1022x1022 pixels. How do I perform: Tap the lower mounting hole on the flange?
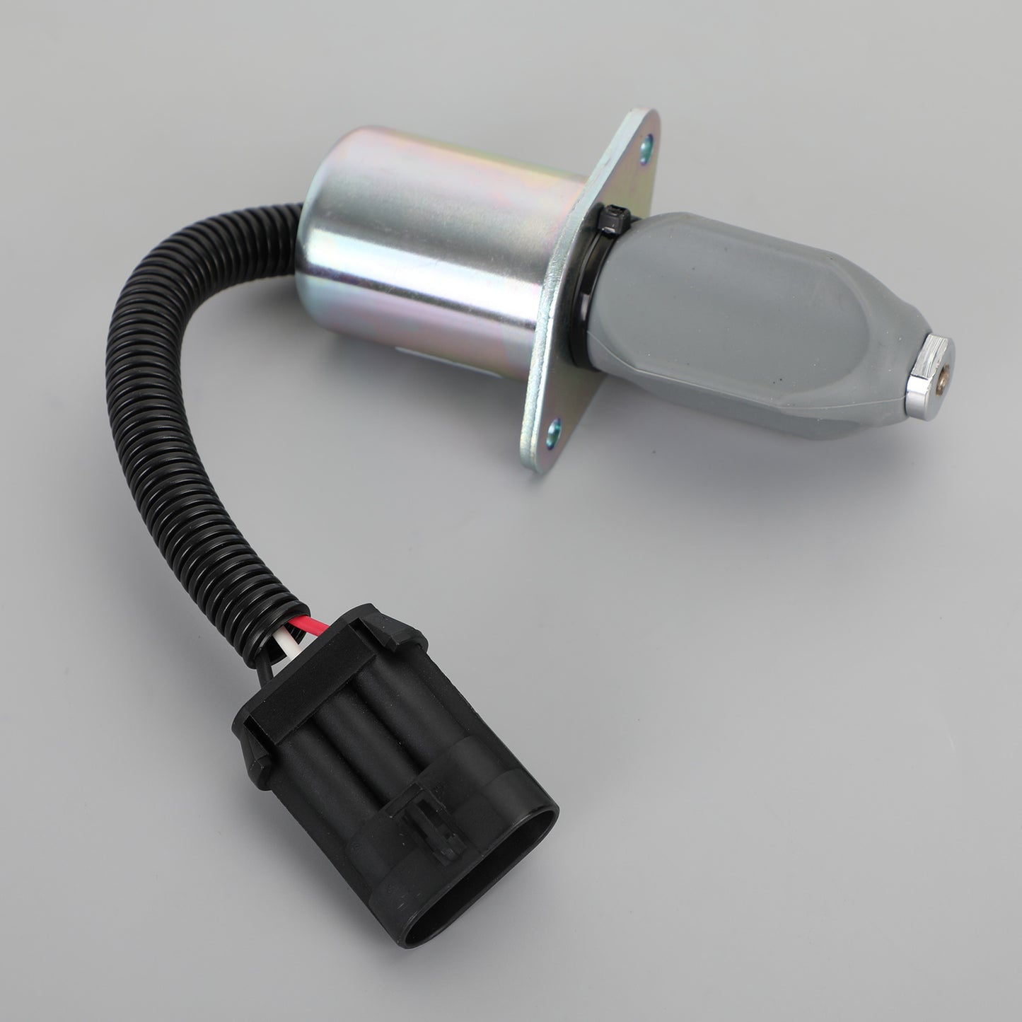click(554, 427)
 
